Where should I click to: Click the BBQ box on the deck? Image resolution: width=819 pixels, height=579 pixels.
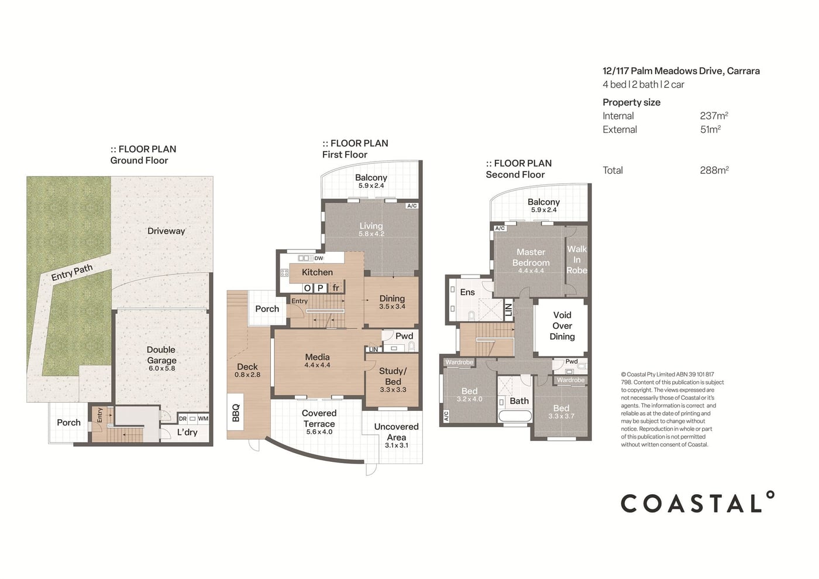tap(235, 412)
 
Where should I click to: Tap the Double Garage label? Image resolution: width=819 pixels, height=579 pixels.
tap(161, 355)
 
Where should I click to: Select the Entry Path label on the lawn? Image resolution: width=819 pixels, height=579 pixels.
tap(71, 272)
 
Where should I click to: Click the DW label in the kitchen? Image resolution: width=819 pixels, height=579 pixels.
tap(319, 258)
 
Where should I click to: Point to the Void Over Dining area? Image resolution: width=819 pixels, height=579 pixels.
tap(562, 326)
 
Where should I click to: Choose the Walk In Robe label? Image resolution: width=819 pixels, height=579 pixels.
tap(577, 259)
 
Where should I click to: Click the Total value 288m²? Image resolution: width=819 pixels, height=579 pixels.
tap(714, 170)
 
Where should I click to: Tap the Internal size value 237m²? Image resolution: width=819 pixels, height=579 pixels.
tap(714, 116)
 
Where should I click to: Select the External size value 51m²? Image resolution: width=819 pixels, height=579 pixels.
tap(710, 129)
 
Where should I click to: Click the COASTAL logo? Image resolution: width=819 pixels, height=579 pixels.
tap(697, 502)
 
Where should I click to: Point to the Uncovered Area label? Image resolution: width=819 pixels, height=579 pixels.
tap(397, 432)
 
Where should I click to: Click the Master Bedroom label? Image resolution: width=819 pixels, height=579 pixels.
tap(531, 257)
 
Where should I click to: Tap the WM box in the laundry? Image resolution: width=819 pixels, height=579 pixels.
tap(203, 419)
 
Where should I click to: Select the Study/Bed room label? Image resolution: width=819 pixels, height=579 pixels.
tap(393, 376)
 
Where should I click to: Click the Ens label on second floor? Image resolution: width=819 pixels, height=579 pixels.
tap(467, 292)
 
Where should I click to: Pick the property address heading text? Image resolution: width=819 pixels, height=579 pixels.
tap(681, 71)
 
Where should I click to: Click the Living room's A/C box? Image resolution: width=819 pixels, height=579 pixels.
tap(412, 206)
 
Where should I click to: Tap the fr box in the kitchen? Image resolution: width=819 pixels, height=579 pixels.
tap(336, 288)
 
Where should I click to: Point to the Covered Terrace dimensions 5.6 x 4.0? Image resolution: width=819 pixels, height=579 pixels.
tap(319, 432)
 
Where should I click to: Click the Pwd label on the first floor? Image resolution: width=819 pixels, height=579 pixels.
tap(404, 335)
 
